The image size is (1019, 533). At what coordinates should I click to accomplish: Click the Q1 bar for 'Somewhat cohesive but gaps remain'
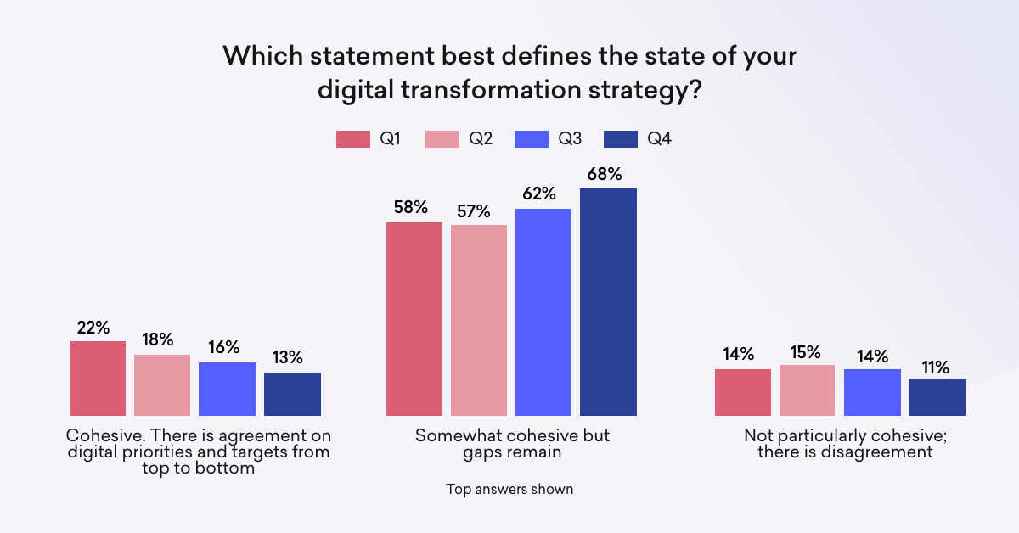pos(414,319)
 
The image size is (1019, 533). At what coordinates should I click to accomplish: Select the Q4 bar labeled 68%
pos(608,302)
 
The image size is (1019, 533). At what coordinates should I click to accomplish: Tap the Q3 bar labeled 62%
pos(543,312)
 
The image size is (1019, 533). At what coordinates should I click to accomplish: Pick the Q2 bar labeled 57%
pos(479,320)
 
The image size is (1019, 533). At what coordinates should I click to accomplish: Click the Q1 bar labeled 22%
pos(98,379)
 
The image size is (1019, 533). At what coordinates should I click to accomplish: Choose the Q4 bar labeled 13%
pos(292,394)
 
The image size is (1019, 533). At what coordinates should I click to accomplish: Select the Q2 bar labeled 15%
pos(807,390)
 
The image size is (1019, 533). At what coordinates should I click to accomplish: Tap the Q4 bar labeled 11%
pos(937,397)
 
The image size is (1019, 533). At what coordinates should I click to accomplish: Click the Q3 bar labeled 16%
pos(227,389)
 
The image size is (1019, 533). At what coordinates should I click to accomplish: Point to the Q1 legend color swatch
pos(353,139)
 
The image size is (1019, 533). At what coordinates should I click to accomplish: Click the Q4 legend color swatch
pos(620,139)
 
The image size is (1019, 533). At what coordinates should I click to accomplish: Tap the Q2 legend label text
pos(481,139)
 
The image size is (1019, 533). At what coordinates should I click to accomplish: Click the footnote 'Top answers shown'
pos(509,489)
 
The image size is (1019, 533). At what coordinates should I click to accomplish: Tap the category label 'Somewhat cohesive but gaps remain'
pos(512,444)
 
